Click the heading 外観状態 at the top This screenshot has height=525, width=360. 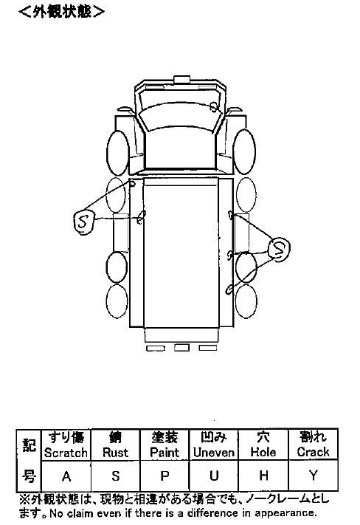(x=61, y=12)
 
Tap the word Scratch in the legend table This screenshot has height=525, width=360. (x=66, y=453)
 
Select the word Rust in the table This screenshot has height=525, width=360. (x=115, y=453)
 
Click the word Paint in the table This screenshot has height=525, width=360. (x=165, y=453)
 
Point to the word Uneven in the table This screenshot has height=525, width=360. (x=214, y=453)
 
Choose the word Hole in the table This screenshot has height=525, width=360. (x=263, y=452)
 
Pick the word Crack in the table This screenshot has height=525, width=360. (x=314, y=452)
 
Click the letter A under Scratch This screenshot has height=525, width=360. (x=66, y=476)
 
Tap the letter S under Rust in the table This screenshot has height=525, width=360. (x=115, y=476)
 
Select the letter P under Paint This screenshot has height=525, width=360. (x=165, y=476)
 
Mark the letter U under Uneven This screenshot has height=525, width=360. (x=214, y=476)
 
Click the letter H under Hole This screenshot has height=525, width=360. (x=263, y=475)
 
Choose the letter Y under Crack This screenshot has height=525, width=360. (x=314, y=475)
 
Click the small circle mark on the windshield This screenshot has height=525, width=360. (x=213, y=107)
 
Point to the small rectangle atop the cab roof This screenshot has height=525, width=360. (x=182, y=79)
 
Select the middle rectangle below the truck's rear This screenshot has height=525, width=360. (x=181, y=348)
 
